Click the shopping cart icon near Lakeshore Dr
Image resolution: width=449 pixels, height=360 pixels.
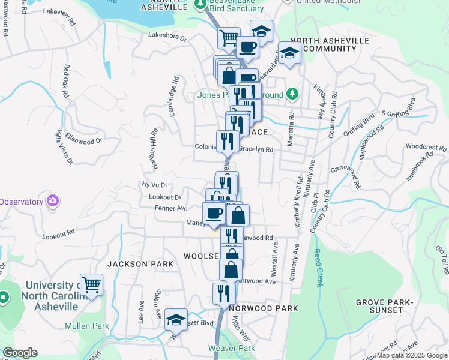point(229,38)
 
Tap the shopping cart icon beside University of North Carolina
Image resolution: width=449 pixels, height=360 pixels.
point(91,284)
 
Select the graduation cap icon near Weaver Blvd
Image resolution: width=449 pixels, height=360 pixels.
point(176,320)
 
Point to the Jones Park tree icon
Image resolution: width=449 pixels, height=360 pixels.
point(292,94)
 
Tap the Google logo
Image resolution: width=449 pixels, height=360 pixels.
point(20,353)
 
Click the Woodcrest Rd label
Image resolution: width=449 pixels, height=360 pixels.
point(426,146)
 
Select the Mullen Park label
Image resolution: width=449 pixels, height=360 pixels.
point(87,326)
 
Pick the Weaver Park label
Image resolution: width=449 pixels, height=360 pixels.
point(232,348)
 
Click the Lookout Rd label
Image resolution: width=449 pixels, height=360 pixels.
point(58,234)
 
